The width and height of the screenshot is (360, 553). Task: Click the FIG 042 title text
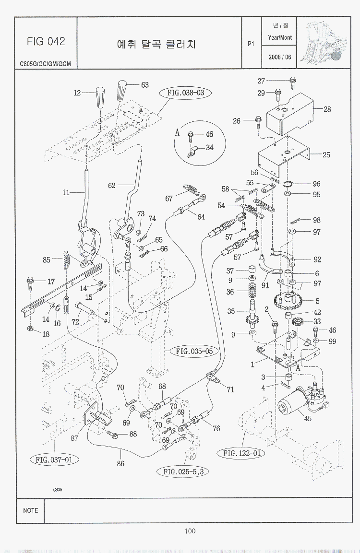click(x=46, y=42)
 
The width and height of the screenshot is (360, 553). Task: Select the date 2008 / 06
click(x=280, y=57)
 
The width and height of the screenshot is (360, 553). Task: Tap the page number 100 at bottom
click(x=189, y=530)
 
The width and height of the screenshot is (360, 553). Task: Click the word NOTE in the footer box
click(x=30, y=510)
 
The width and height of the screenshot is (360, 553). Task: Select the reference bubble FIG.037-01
click(x=54, y=460)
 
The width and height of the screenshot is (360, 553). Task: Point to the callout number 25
click(x=326, y=155)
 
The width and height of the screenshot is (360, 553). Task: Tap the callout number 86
click(x=120, y=464)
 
